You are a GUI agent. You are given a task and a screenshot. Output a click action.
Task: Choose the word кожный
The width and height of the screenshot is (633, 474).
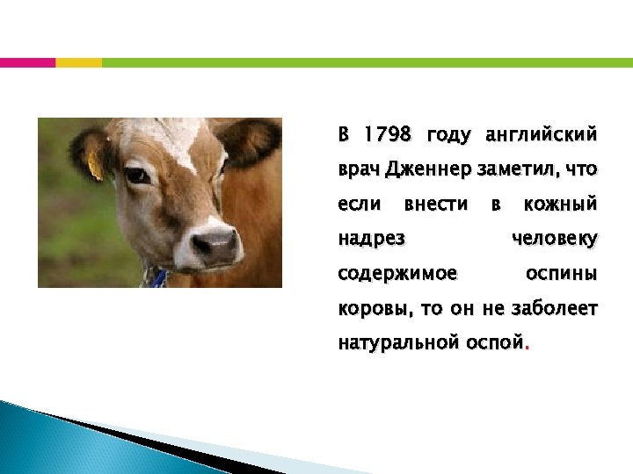[560, 204]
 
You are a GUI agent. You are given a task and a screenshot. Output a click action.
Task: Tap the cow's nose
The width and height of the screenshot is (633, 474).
[215, 245]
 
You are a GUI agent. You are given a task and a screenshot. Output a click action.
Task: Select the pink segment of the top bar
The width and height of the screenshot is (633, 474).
[27, 62]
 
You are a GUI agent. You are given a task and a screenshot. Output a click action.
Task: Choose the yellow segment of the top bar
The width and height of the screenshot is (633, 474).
[78, 62]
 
